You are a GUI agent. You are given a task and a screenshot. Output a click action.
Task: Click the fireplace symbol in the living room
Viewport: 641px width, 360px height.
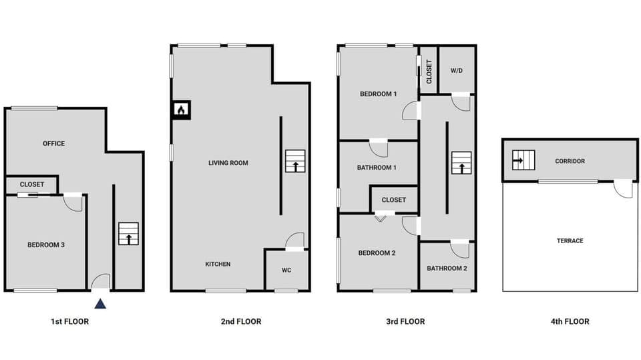coord(181,110)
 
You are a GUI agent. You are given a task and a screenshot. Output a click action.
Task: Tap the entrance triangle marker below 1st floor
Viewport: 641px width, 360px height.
coord(99,304)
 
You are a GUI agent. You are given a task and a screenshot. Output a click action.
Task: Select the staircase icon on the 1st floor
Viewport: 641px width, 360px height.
coord(128,234)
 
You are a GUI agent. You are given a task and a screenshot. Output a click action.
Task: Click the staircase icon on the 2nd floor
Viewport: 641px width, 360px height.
coord(294,162)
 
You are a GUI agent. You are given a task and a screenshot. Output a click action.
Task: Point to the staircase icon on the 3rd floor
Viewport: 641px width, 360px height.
coord(461,162)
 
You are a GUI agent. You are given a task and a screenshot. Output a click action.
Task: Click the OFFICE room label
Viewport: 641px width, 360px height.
coord(53,144)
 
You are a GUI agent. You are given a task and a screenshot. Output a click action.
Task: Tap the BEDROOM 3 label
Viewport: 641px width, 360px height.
coord(46,245)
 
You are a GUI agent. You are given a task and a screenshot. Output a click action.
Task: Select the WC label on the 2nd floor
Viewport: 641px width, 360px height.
coord(286,271)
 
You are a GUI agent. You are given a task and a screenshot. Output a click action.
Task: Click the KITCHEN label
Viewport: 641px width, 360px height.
coord(218,264)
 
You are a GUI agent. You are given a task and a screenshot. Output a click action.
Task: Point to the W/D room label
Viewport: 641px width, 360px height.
coord(457,70)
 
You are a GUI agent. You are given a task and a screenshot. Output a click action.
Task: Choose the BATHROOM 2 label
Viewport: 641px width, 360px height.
coord(447,268)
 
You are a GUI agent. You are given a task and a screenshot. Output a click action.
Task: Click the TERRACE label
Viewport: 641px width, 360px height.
coord(570,241)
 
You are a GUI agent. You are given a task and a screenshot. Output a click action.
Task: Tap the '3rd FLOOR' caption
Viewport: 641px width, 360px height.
coord(405,322)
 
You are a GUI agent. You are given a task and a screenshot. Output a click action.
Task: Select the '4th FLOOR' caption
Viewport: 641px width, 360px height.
coord(570,322)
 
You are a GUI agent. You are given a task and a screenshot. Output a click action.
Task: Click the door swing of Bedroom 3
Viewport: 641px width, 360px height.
coord(73,202)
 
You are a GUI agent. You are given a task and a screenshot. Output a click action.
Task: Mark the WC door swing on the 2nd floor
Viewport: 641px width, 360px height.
coord(295,241)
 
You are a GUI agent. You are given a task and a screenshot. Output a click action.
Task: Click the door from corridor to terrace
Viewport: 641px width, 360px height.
coord(624,189)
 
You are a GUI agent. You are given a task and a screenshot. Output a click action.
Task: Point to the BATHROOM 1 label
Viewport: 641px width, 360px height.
coord(377,168)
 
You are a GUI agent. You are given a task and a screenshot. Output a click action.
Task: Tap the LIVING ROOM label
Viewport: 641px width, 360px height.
coord(228,163)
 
